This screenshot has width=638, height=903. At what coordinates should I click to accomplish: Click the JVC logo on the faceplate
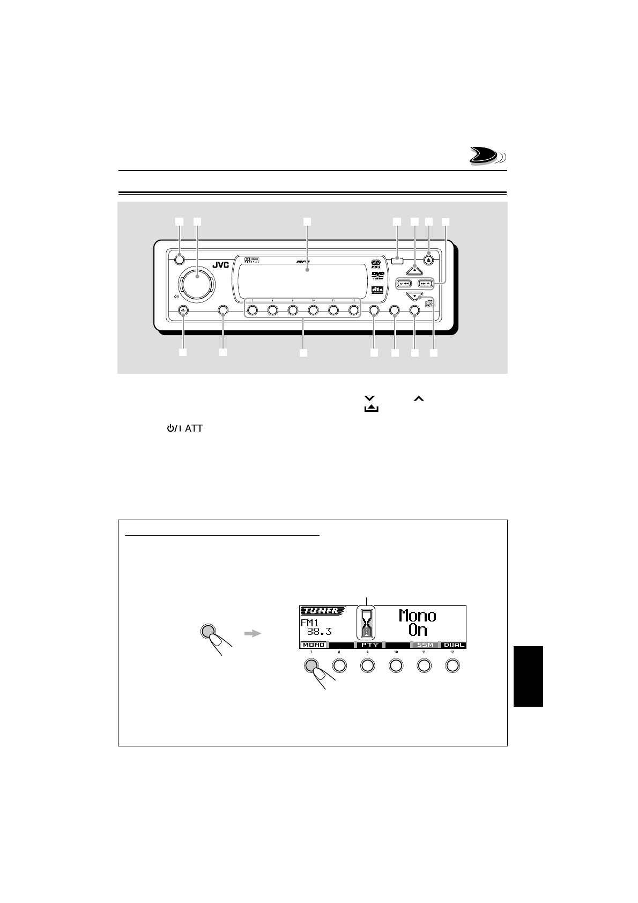point(221,265)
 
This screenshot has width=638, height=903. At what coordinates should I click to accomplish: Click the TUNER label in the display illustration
point(320,611)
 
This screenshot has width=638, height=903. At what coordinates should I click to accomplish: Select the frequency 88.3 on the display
point(319,632)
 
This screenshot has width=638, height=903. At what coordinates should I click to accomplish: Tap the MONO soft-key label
point(313,645)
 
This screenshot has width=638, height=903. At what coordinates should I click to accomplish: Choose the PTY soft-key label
point(369,645)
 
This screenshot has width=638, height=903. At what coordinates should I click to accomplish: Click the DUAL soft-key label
point(453,645)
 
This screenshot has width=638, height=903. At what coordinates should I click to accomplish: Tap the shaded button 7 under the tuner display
point(311,665)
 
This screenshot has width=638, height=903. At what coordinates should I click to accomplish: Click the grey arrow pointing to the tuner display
point(251,633)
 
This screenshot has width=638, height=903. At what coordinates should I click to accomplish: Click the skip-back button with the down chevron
point(404,283)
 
